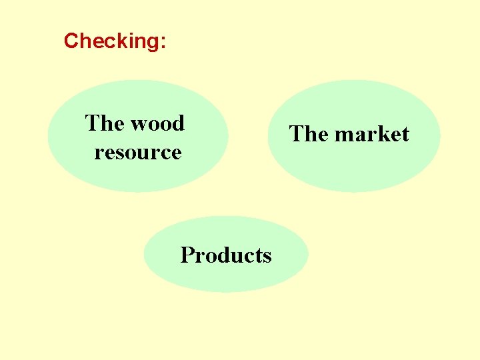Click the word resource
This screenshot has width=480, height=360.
[x=138, y=152]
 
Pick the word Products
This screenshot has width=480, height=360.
[x=226, y=255]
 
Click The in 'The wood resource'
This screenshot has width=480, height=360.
[x=105, y=123]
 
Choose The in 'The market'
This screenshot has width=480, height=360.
[x=309, y=134]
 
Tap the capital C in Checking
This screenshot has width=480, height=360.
[x=71, y=41]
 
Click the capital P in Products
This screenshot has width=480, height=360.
[x=186, y=255]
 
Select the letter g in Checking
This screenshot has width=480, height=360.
[x=153, y=43]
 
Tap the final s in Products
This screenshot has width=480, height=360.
[x=267, y=256]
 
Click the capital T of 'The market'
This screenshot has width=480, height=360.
[x=296, y=134]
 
